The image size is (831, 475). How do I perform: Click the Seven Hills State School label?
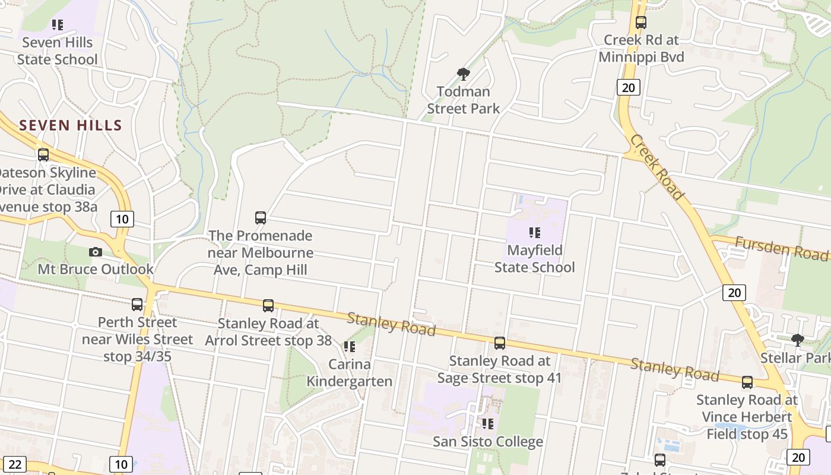(x=57, y=51)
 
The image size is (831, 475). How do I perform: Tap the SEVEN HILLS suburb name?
(x=71, y=125)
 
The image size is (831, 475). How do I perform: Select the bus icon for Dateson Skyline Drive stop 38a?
(x=43, y=155)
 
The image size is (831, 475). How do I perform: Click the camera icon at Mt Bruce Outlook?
(x=95, y=252)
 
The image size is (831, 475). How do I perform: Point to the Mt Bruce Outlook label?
(x=96, y=269)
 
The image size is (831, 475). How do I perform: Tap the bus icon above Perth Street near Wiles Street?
(x=137, y=305)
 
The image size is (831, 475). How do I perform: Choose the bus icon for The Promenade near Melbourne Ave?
(x=261, y=218)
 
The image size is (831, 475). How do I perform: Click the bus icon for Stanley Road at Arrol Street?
(x=268, y=306)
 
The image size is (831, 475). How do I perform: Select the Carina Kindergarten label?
(x=350, y=373)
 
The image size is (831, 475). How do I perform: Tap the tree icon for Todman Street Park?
(x=464, y=74)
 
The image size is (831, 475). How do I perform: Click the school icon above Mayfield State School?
(x=535, y=233)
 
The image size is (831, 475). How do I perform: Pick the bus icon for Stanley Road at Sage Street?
(x=500, y=343)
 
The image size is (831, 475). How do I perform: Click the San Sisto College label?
(x=488, y=442)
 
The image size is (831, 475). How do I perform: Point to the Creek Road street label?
(x=658, y=167)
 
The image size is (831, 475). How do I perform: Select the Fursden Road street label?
(x=781, y=248)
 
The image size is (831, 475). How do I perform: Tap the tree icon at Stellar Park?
(x=798, y=340)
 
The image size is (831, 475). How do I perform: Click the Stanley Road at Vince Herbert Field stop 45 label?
(x=747, y=417)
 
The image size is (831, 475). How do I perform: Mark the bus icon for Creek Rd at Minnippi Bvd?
(x=641, y=23)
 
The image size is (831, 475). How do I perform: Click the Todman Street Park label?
(x=464, y=100)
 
